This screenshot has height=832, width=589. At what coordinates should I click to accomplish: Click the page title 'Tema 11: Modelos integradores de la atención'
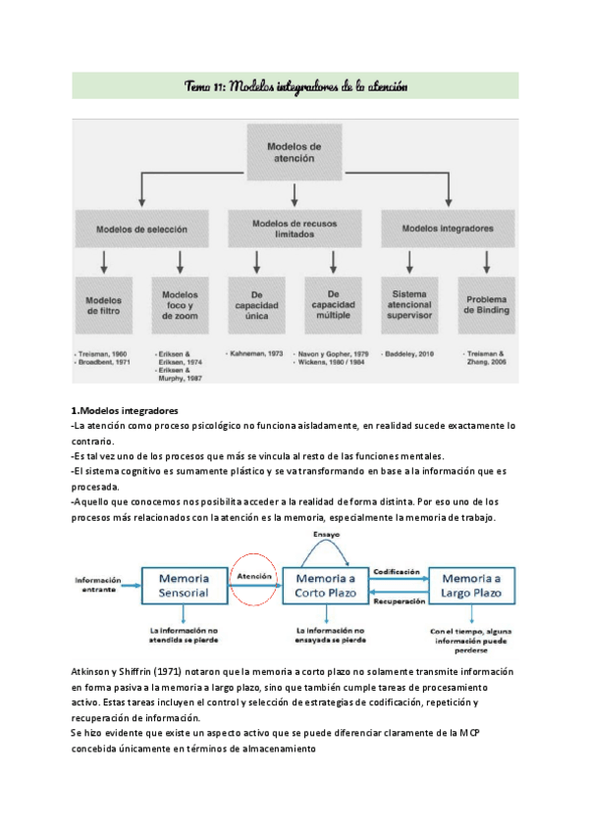pyautogui.click(x=295, y=86)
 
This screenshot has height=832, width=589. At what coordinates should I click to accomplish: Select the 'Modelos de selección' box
pyautogui.click(x=141, y=229)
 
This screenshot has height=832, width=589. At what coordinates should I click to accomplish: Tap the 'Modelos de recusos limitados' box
pyautogui.click(x=294, y=229)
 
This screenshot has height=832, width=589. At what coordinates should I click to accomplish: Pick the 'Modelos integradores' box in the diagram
pyautogui.click(x=449, y=229)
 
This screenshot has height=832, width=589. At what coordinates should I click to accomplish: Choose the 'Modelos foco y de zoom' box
pyautogui.click(x=180, y=305)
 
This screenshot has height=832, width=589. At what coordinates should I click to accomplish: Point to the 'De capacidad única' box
pyautogui.click(x=256, y=305)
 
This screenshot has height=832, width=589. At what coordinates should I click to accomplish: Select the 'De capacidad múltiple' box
pyautogui.click(x=334, y=305)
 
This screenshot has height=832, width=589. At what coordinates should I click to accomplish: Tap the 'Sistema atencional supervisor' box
pyautogui.click(x=410, y=305)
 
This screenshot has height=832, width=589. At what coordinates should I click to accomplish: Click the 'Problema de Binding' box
pyautogui.click(x=487, y=305)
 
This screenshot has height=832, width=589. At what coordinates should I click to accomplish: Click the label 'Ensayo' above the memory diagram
pyautogui.click(x=326, y=536)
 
